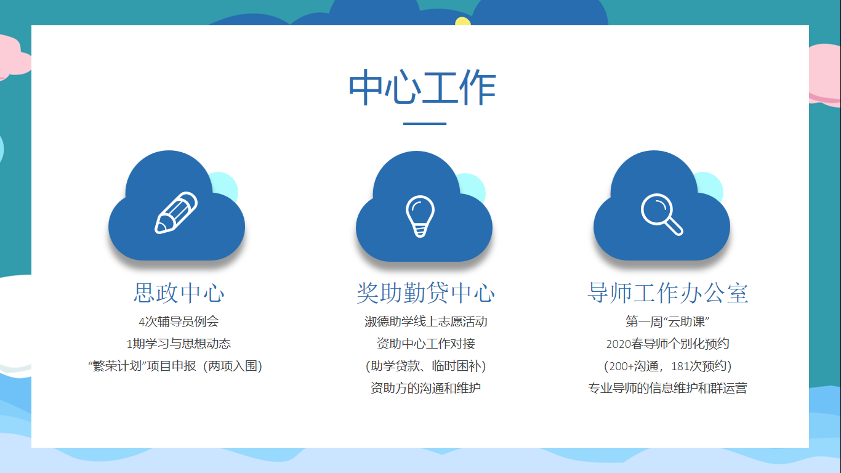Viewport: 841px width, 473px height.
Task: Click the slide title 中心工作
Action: coord(422,87)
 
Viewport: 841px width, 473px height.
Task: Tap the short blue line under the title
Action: coord(425,123)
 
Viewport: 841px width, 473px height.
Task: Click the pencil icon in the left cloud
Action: coord(176,212)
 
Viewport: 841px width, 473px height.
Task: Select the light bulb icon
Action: coord(420,216)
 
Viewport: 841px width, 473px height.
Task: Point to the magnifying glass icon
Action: coord(662,214)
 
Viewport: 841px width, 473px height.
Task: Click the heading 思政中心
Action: coord(179,293)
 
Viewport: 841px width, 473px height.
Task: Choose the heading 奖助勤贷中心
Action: coord(425,293)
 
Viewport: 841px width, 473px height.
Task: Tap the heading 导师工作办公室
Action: coord(667,293)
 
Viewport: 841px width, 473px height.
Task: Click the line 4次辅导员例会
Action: coord(179,321)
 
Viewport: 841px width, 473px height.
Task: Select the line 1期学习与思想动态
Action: coord(179,344)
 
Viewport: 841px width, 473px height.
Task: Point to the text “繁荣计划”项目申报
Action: coord(142,366)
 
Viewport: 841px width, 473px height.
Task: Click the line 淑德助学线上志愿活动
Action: coord(426,321)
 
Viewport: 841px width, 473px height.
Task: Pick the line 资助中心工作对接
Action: coord(426,344)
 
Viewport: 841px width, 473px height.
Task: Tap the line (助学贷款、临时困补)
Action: coord(426,366)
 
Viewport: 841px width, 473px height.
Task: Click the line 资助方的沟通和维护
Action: coord(426,388)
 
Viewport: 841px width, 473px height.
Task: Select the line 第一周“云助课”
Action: coord(667,321)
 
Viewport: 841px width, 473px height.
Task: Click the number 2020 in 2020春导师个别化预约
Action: coord(619,344)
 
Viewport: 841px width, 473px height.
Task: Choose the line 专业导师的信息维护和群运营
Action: coord(667,388)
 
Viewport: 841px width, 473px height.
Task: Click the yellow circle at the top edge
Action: coord(463,22)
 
